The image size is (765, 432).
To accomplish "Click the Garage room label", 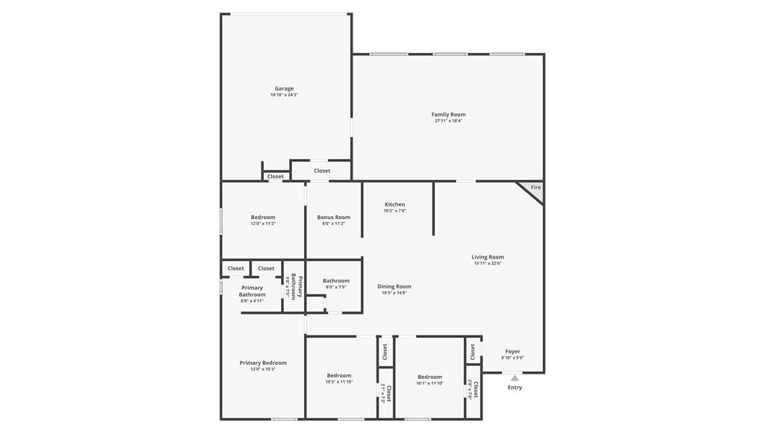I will (284, 89).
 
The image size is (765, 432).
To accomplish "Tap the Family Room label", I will (448, 114).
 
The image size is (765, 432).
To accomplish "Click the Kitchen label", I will (395, 204).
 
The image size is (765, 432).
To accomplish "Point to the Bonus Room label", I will (333, 217).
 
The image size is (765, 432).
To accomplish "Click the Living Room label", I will (488, 257).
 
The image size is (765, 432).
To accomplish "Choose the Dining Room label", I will (394, 286).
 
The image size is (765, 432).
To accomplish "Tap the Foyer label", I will (512, 351).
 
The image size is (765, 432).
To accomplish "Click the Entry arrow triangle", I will (515, 378).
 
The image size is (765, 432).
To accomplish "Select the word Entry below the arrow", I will (515, 387).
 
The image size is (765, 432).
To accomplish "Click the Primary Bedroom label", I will (263, 363).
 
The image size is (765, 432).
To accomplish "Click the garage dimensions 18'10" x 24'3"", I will (284, 95).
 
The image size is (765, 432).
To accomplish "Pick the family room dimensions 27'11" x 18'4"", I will (448, 120).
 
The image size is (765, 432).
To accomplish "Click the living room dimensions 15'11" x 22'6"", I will (488, 263).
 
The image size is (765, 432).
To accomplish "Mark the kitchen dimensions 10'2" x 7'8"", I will (395, 211).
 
